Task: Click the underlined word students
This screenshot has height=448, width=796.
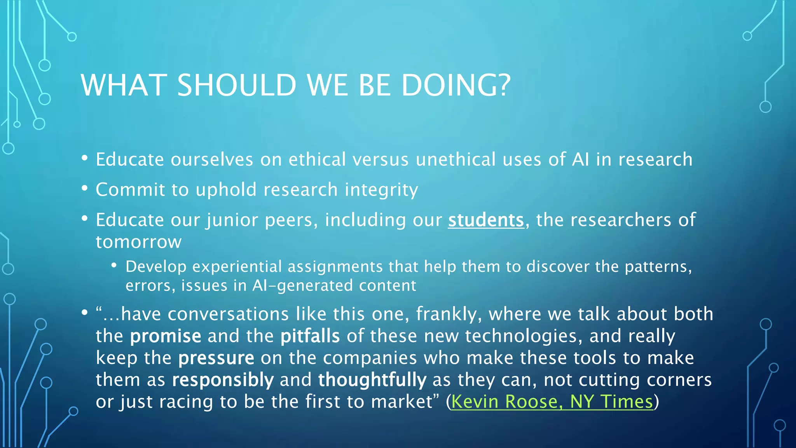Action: (x=486, y=220)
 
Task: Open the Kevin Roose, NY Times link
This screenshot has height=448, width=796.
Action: (x=552, y=401)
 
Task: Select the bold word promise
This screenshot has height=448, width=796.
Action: (x=166, y=336)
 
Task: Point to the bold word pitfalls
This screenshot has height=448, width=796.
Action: (x=310, y=336)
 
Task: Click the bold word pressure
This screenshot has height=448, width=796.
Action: (x=216, y=358)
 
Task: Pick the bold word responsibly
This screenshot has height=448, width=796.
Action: (x=223, y=380)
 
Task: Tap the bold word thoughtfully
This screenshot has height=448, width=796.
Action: (x=372, y=380)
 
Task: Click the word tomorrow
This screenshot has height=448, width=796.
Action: (x=139, y=242)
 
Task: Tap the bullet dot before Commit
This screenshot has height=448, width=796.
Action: (x=85, y=189)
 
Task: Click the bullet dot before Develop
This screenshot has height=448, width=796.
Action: (x=114, y=266)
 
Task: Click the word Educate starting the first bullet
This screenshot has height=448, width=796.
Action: (x=130, y=159)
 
